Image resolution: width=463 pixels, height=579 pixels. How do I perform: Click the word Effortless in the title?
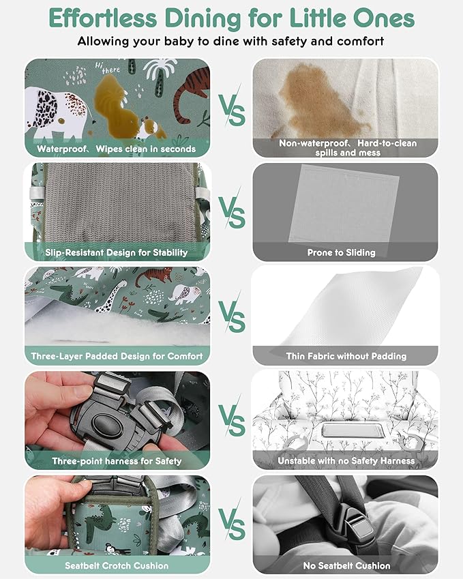[104, 18]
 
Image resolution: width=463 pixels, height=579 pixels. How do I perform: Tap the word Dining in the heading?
[203, 19]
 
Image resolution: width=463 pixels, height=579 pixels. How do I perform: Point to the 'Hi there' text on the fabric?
[107, 68]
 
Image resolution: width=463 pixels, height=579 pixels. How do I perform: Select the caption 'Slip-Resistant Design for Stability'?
[117, 252]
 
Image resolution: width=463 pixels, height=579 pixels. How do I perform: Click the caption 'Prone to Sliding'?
[341, 252]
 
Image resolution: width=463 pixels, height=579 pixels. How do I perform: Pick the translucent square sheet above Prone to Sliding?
[344, 204]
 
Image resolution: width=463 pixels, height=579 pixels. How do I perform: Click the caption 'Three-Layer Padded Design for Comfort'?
[117, 357]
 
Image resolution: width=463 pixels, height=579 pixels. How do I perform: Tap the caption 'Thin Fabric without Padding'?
[346, 357]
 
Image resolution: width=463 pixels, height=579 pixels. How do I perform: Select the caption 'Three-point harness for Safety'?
[117, 461]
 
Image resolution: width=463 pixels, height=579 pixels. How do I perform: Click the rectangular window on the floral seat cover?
[350, 430]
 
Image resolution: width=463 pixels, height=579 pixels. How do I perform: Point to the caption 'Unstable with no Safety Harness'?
[346, 461]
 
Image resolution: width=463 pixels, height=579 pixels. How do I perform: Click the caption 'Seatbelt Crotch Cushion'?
[117, 566]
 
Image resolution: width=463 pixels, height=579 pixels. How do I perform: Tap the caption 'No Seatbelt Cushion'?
[346, 566]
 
